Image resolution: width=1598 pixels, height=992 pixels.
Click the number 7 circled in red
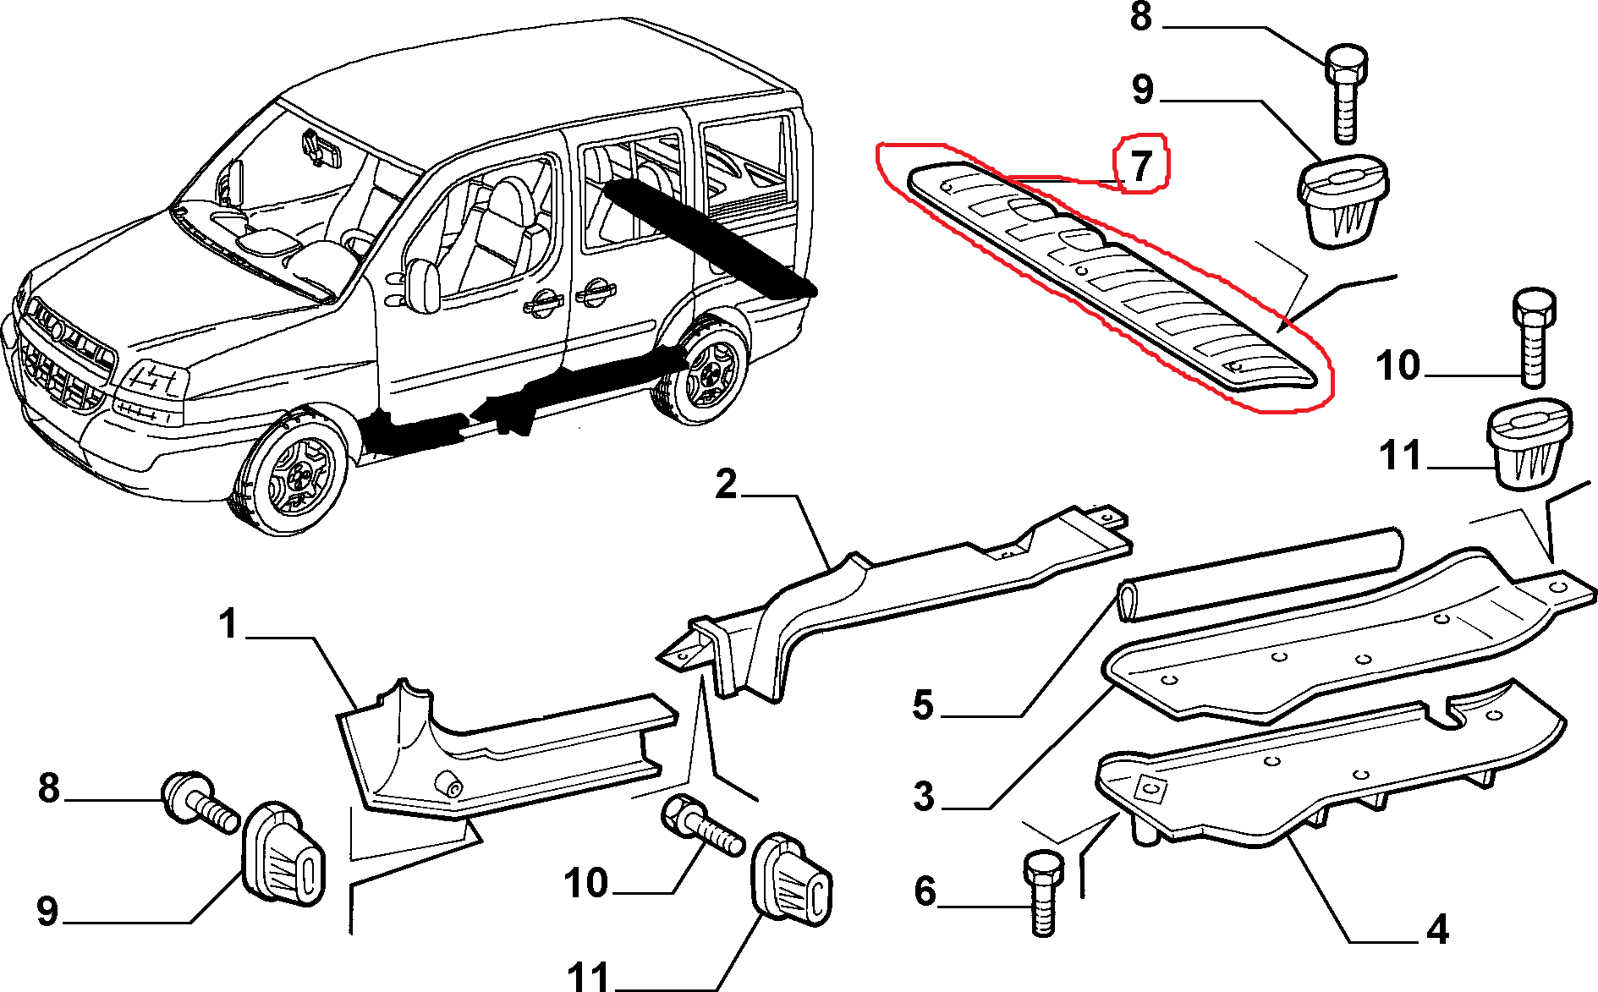coord(1142,165)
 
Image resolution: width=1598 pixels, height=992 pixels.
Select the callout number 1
coord(228,624)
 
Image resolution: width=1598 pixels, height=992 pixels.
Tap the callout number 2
coord(726,485)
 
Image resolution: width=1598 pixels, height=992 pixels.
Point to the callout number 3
coord(924,796)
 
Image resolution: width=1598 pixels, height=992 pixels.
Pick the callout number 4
coord(1437,929)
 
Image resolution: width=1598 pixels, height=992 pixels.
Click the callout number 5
coord(923,704)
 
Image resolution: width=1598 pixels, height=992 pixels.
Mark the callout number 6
coord(925,891)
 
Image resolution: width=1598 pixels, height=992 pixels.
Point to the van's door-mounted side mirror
coord(423,285)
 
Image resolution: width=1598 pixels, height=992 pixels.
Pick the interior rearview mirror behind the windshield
coord(321,148)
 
